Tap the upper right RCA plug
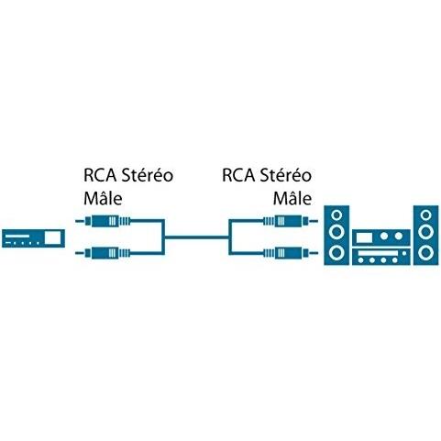(281, 221)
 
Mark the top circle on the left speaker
(339, 216)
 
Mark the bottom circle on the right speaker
(426, 252)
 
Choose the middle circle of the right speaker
(426, 234)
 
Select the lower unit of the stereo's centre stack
(382, 255)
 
